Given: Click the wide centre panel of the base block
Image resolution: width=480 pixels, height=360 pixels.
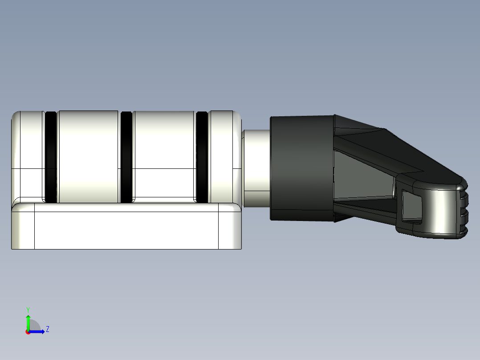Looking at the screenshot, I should (126, 230).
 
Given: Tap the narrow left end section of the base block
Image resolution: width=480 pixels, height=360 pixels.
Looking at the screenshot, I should (23, 230).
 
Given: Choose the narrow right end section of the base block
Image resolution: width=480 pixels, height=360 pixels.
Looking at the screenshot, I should (229, 230).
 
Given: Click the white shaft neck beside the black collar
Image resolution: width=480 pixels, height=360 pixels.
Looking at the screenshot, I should (256, 168).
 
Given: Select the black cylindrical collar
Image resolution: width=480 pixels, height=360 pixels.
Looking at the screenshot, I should (302, 168).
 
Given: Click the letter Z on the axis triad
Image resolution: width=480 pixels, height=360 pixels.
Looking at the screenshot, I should (47, 329).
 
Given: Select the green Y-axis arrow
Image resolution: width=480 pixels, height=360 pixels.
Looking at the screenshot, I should (28, 321).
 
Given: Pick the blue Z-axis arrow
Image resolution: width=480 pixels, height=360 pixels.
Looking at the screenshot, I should (38, 331).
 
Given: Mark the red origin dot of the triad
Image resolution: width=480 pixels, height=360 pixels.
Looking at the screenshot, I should (28, 332).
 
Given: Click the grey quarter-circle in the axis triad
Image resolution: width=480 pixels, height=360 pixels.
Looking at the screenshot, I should (34, 325).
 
